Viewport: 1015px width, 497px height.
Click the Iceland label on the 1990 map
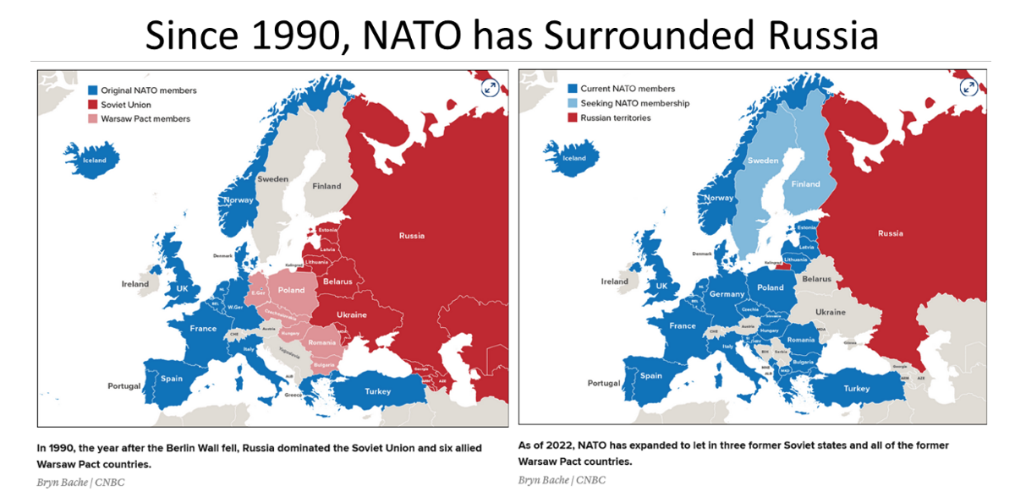94,161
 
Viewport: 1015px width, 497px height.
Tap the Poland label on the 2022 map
771,287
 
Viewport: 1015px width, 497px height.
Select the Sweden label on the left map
272,179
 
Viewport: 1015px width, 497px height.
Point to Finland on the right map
805,184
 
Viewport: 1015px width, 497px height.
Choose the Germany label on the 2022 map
727,294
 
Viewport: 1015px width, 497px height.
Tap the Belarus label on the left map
337,281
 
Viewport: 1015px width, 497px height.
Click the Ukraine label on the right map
831,312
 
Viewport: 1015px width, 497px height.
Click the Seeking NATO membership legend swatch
573,103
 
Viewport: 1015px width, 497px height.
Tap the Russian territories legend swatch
573,117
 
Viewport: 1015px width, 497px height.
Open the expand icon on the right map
969,87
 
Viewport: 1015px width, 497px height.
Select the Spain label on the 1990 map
172,379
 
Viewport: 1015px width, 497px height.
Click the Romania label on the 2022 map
800,340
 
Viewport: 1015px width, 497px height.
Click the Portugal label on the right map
604,383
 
